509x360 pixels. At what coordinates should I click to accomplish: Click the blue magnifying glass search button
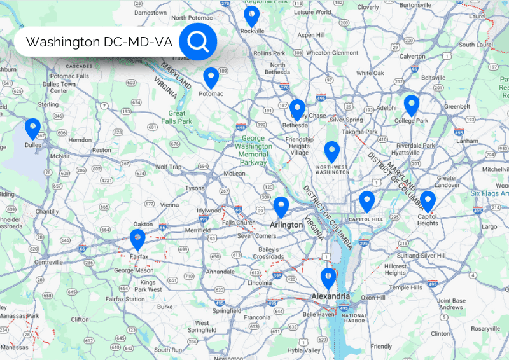198,42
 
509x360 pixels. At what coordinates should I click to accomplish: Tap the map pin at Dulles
32,128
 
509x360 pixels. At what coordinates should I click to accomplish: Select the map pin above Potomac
211,77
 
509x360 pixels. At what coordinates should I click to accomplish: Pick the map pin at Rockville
252,15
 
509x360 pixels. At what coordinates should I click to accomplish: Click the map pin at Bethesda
297,109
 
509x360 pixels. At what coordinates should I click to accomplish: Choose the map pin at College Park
412,104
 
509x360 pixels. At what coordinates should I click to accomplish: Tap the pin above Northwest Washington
331,151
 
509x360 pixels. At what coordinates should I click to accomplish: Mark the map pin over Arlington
281,206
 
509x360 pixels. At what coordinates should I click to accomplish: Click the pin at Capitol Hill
366,200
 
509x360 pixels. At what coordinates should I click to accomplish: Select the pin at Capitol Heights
428,200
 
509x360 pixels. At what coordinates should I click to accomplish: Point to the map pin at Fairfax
137,239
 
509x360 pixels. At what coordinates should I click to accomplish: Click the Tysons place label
195,189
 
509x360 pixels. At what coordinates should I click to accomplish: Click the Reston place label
102,150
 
